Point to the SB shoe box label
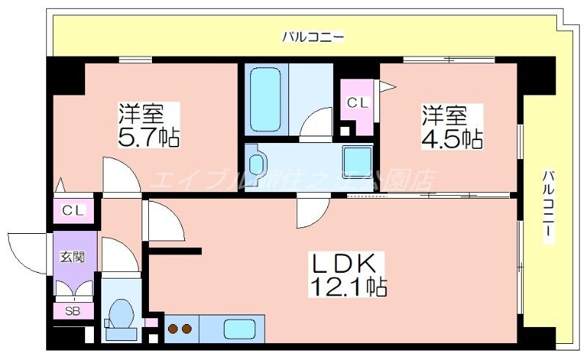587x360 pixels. (73, 311)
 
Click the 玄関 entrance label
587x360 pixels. (72, 257)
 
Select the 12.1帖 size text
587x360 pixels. (348, 286)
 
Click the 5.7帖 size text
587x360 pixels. (149, 136)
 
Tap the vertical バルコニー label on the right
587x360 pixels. (547, 206)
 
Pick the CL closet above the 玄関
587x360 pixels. (73, 210)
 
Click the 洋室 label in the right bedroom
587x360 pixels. (443, 114)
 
